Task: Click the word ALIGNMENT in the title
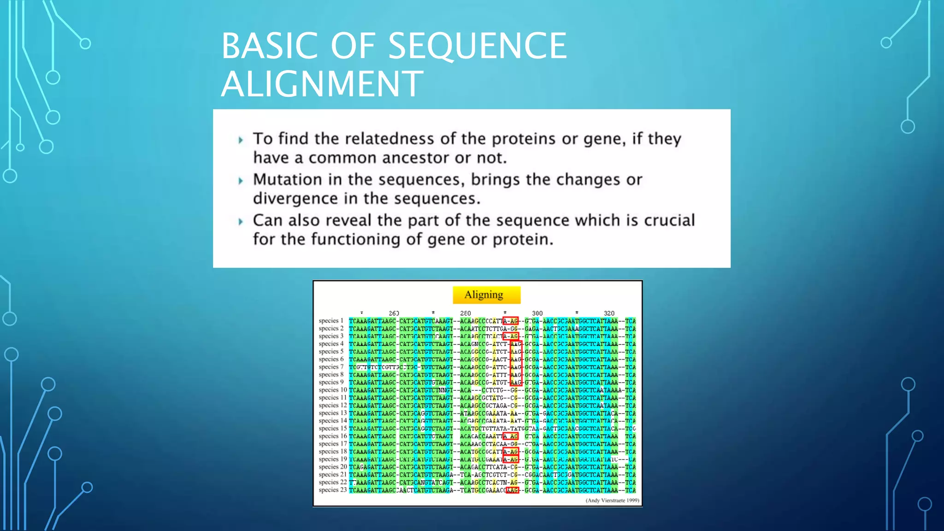[322, 83]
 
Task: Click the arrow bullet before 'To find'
[241, 140]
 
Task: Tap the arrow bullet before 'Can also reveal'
[241, 222]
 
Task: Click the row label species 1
[331, 321]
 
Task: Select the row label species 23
[332, 490]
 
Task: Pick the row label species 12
[332, 405]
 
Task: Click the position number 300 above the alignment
[537, 313]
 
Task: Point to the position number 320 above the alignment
[609, 313]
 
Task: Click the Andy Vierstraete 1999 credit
[612, 501]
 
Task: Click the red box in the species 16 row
[511, 436]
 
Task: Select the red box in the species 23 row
[512, 490]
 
